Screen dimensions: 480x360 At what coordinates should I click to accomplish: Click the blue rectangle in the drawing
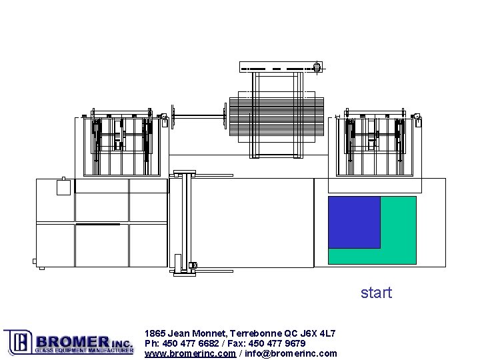click(354, 222)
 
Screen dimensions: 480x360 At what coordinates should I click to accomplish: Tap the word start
click(377, 293)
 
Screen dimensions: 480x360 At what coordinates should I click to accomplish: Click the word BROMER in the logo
click(73, 341)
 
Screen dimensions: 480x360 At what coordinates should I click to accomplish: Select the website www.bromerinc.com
click(190, 354)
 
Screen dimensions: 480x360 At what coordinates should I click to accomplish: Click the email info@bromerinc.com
click(291, 354)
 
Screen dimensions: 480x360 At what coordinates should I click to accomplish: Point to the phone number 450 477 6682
click(191, 343)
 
